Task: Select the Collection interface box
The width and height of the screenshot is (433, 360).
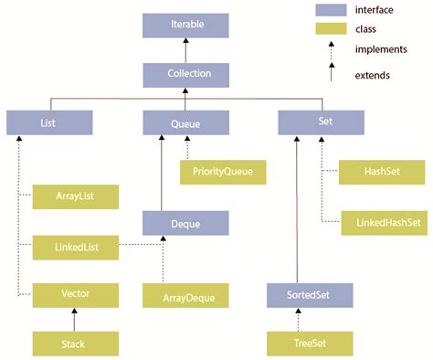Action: coord(185,73)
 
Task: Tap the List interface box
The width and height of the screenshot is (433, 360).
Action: coord(48,122)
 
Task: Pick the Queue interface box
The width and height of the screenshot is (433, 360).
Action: coord(185,122)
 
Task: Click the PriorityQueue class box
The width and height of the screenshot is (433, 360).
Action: coord(223,171)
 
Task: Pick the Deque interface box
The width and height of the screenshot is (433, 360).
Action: coord(185,222)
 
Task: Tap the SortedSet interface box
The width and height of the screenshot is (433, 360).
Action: coord(310,295)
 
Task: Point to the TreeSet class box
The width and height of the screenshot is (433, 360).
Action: coord(310,344)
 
